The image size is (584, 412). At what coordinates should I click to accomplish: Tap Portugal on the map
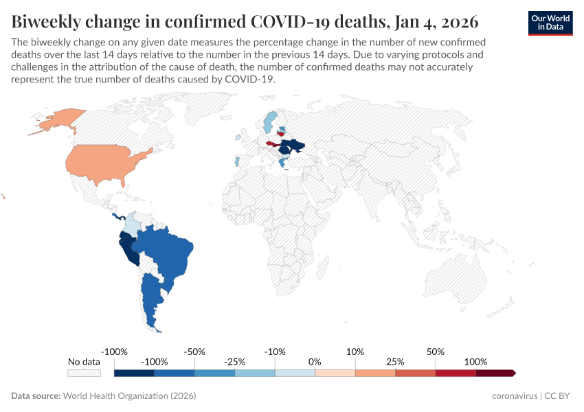tap(236, 162)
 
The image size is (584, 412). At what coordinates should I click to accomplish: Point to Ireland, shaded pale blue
tap(238, 137)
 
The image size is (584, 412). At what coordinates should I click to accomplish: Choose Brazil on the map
tap(165, 251)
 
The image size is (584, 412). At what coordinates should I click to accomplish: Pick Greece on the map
tap(284, 163)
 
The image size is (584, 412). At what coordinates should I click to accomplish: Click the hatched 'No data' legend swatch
tap(84, 373)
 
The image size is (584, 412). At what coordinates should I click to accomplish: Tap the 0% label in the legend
tap(315, 362)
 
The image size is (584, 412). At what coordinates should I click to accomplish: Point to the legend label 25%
tap(395, 362)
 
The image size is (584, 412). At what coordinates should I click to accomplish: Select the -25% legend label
tap(234, 362)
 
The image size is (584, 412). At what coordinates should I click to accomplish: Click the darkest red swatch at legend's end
tap(495, 373)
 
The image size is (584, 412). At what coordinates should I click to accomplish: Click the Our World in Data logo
tap(550, 23)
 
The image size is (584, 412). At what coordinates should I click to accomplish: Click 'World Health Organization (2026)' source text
tap(129, 396)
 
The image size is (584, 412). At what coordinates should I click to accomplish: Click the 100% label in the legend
tap(475, 362)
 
